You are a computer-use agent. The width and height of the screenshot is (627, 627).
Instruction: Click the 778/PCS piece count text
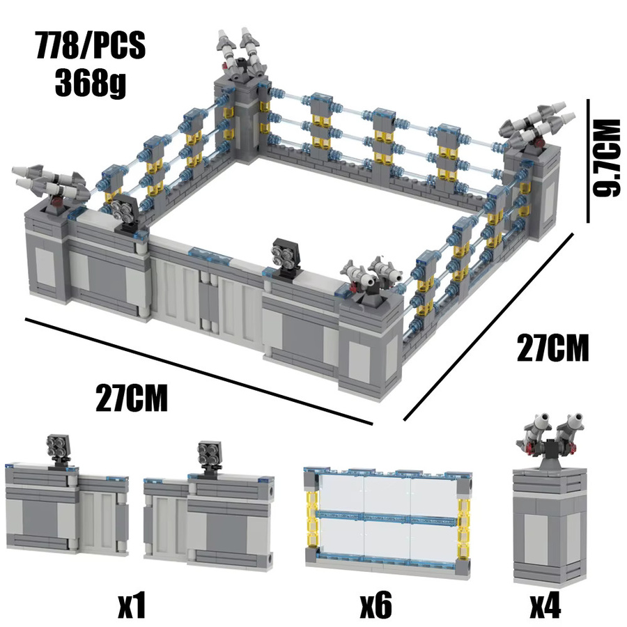(x=91, y=45)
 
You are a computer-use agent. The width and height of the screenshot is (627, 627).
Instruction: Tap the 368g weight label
(x=91, y=83)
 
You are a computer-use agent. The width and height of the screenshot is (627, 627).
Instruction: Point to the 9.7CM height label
(x=607, y=158)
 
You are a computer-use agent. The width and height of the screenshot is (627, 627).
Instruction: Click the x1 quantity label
(x=132, y=606)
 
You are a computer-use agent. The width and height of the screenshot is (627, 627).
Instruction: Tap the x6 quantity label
(x=376, y=606)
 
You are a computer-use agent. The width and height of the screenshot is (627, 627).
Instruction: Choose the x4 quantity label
(x=545, y=606)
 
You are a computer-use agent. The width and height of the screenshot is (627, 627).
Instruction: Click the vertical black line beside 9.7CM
(x=588, y=161)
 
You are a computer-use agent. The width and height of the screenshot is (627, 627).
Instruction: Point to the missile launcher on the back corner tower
(x=240, y=52)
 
